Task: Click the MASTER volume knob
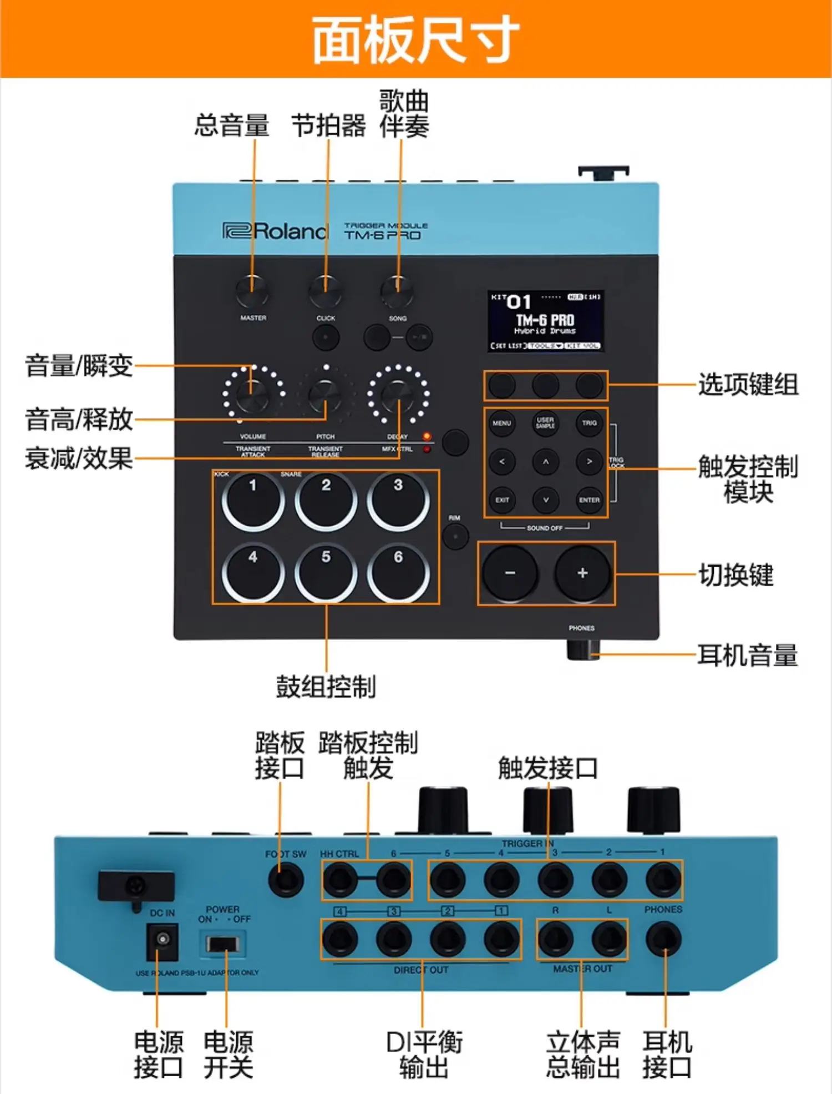pos(252,291)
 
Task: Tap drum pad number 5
pos(326,572)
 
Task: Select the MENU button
pos(502,424)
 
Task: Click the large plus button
pos(582,573)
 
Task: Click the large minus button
pos(510,573)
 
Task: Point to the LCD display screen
pos(546,321)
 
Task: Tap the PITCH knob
pos(326,395)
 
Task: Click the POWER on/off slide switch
pos(222,943)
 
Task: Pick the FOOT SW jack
pos(286,880)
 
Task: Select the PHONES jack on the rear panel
pos(664,939)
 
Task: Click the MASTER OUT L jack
pos(609,939)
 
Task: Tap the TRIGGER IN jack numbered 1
pos(663,880)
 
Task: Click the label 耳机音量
pos(747,655)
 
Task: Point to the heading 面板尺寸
pos(416,39)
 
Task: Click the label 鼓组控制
pos(326,687)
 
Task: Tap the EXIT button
pos(502,500)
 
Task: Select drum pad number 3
pos(398,500)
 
